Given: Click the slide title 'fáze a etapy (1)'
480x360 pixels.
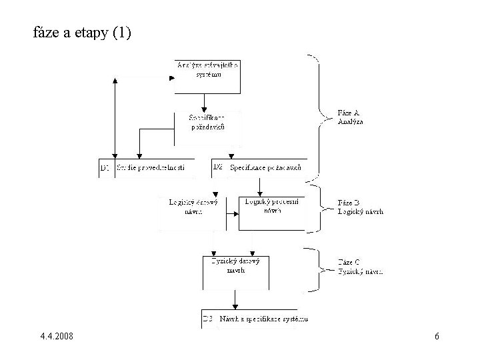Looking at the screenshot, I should (x=82, y=32).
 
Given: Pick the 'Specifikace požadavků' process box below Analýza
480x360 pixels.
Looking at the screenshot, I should (x=208, y=124).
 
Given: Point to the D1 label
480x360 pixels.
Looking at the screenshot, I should (x=105, y=169).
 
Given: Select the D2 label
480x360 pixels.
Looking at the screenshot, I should (x=218, y=168).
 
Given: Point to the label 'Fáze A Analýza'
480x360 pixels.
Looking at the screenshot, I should (x=351, y=118).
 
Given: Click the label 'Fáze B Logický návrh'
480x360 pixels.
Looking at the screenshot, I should (x=360, y=207).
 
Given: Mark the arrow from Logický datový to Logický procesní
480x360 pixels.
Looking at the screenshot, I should (x=231, y=214).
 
